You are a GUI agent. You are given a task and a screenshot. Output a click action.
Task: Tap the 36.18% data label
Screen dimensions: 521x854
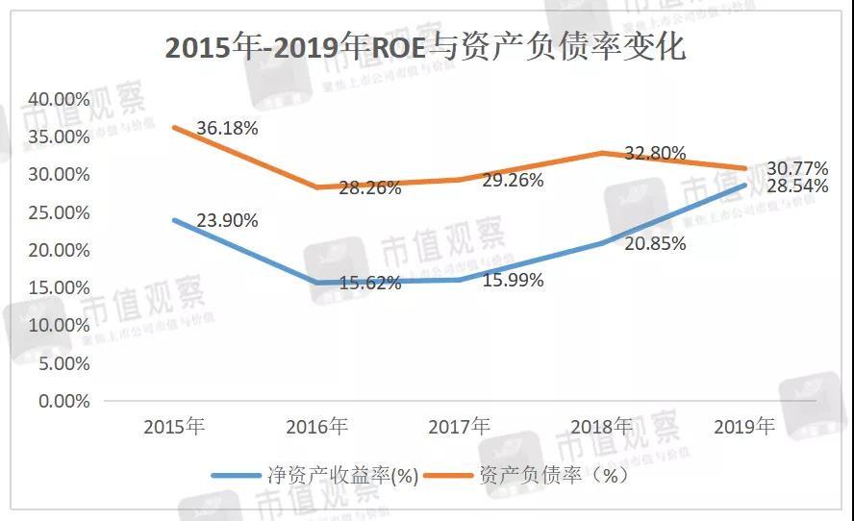coord(227,128)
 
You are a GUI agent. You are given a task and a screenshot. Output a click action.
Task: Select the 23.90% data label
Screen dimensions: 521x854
coord(227,220)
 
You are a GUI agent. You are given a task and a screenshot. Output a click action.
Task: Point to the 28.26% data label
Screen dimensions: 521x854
coord(370,188)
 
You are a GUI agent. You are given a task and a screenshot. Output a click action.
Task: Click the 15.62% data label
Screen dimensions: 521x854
coord(370,284)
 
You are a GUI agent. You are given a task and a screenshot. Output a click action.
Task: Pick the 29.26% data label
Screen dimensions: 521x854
coord(513,180)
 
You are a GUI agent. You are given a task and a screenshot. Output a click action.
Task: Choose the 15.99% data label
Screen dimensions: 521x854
coord(513,281)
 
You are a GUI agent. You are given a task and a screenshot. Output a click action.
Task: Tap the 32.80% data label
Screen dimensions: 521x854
coord(655,153)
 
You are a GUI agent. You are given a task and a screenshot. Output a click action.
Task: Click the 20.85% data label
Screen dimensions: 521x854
coord(655,244)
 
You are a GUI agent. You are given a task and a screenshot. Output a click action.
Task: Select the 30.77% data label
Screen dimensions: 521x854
coord(796,168)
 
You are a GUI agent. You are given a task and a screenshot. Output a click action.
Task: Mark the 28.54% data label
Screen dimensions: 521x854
coord(796,186)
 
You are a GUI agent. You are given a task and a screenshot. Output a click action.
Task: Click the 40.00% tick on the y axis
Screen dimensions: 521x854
coord(59,99)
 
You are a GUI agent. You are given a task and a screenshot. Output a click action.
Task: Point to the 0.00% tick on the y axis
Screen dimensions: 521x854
coord(63,401)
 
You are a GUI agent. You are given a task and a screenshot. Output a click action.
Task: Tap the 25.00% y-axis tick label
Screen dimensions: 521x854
coord(59,212)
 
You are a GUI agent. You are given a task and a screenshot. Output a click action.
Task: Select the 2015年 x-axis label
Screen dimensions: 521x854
coord(174,426)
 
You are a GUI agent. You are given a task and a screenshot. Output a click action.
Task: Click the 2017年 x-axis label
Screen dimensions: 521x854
coord(459,426)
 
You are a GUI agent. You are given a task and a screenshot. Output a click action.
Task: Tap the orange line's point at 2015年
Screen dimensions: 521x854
coord(174,128)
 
